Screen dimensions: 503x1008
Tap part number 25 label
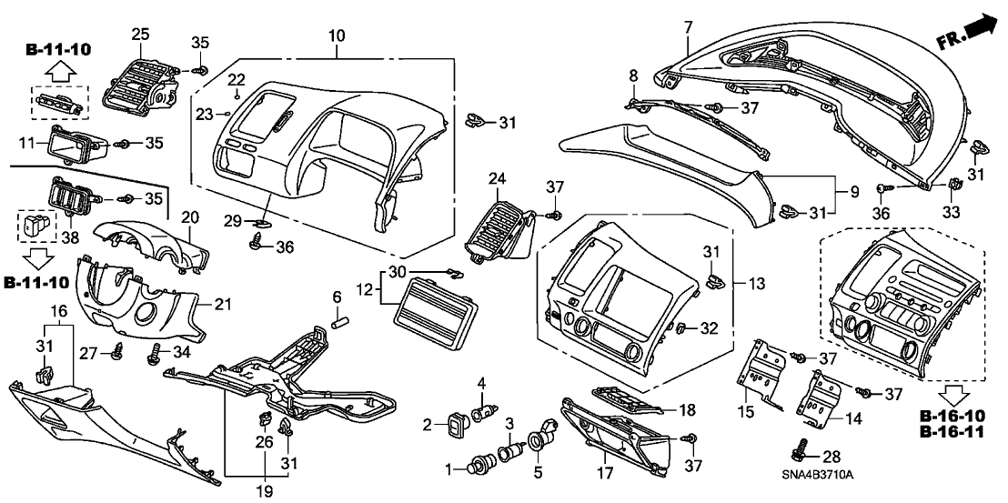click(140, 34)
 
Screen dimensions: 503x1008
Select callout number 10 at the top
click(337, 35)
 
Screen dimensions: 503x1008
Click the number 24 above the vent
click(498, 178)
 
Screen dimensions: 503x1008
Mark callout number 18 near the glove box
click(689, 409)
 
